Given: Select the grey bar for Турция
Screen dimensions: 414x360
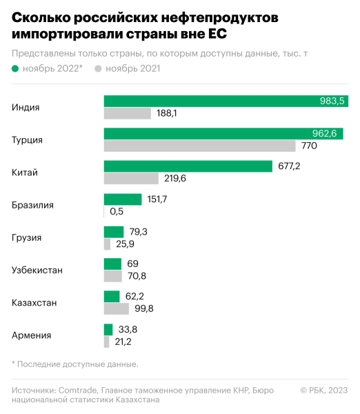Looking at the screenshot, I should tap(200, 146).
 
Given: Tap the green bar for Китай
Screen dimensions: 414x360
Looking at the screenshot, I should tap(188, 166).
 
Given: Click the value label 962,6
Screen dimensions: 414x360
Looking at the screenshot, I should tap(324, 134).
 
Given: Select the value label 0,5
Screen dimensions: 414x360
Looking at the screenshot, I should tap(117, 211).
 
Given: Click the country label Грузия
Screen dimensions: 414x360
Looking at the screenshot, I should tap(27, 237).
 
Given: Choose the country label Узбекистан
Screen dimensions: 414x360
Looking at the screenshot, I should tap(37, 270).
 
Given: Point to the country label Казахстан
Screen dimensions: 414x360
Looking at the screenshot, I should tap(34, 302).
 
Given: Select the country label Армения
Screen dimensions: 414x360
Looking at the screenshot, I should tap(32, 335).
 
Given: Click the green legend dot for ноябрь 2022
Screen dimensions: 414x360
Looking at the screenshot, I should tap(16, 68).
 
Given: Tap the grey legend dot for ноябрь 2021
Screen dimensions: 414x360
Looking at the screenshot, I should tap(98, 68).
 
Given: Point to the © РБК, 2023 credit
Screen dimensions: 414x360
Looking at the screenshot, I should tap(324, 391).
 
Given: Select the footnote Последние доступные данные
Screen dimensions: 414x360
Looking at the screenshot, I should tap(79, 364).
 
